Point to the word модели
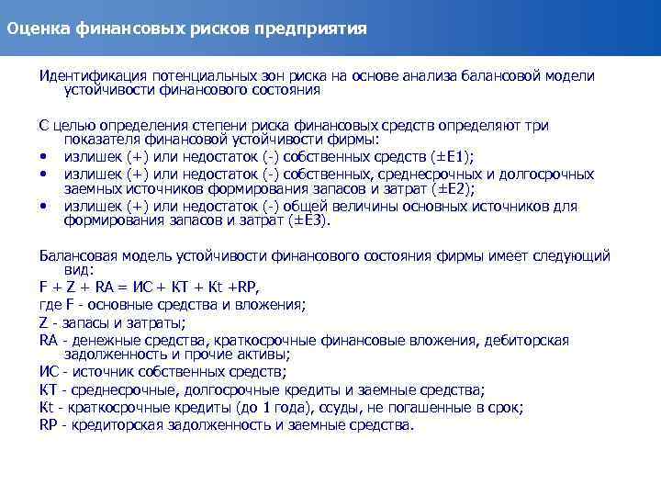point(572,75)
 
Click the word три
point(536,124)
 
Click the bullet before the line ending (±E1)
point(43,158)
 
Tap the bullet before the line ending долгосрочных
point(43,175)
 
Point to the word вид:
point(79,271)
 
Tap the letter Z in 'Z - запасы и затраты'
point(43,322)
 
